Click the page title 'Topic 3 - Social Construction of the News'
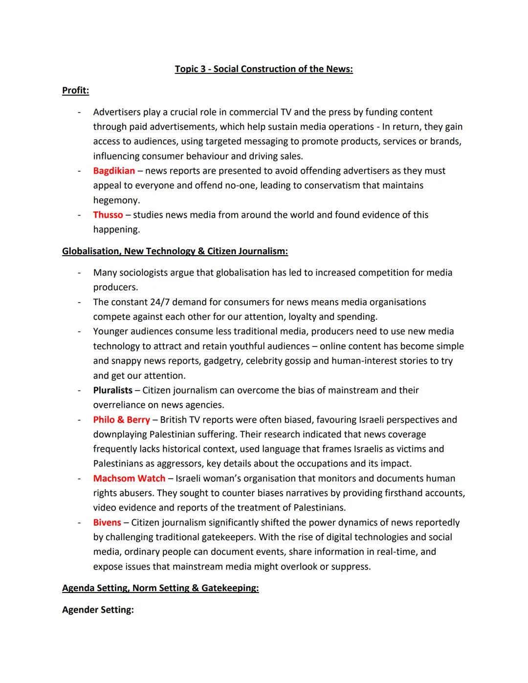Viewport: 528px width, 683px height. click(264, 69)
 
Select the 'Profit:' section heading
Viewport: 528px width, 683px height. click(75, 90)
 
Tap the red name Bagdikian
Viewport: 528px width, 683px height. click(114, 171)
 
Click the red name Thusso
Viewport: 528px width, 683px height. click(108, 215)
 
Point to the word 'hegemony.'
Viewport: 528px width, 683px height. click(116, 200)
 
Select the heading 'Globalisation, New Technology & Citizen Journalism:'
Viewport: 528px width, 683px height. click(175, 251)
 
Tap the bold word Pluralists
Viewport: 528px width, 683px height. click(112, 390)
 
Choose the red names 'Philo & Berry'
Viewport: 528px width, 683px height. click(121, 419)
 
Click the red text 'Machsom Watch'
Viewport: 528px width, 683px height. click(129, 478)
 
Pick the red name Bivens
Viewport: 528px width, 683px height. click(107, 523)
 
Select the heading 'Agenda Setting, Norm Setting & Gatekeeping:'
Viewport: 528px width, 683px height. click(160, 588)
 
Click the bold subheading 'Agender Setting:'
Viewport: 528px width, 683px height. click(98, 610)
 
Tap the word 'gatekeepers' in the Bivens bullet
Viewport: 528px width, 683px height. click(227, 537)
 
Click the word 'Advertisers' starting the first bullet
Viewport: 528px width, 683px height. click(117, 112)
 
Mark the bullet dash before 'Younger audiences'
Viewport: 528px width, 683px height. click(79, 331)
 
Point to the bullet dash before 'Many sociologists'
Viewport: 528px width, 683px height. click(79, 273)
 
